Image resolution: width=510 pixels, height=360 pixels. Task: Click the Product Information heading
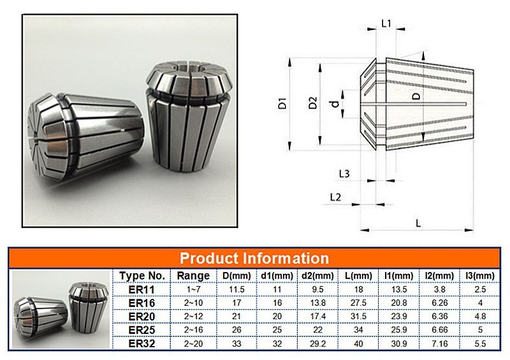[x=254, y=258]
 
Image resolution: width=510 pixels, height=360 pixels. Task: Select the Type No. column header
[x=142, y=275]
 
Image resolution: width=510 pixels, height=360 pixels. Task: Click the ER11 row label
[x=142, y=289]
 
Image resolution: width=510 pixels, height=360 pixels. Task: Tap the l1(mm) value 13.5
[x=400, y=289]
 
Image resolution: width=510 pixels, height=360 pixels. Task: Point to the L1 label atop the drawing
[x=386, y=24]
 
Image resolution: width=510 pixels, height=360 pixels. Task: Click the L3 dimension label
[x=344, y=173]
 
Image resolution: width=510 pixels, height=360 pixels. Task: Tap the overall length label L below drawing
[x=418, y=223]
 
